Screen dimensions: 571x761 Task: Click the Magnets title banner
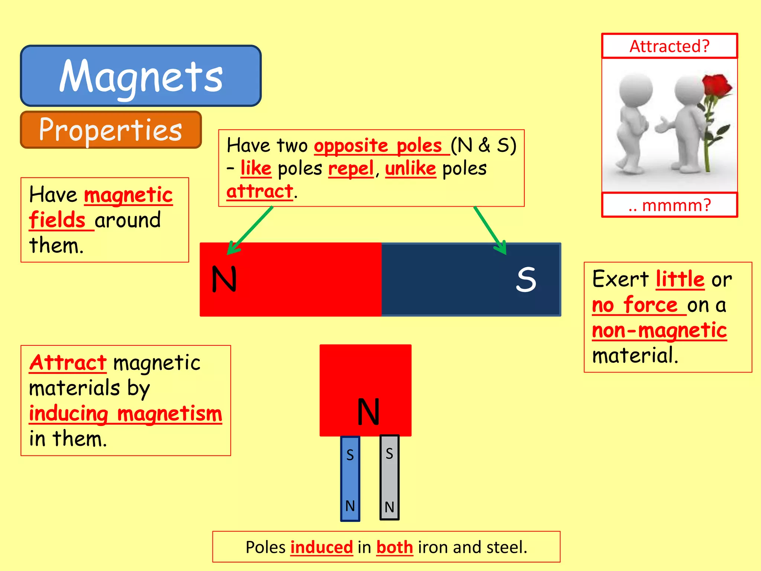[x=141, y=76]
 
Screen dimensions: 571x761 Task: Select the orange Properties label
[x=111, y=130]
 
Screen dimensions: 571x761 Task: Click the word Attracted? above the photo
[x=669, y=46]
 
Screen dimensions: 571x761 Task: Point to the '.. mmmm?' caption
[x=669, y=205]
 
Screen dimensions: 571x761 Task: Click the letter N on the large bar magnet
[x=224, y=279]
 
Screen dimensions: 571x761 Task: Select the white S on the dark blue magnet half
[x=526, y=279]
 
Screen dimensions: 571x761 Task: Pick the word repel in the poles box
[x=351, y=169]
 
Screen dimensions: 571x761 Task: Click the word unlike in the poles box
[x=410, y=169]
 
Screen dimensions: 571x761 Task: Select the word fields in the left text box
[x=58, y=220]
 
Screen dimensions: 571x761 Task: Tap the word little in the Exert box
[x=680, y=279]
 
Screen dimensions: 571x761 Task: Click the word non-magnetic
[x=659, y=330]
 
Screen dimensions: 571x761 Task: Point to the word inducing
[x=69, y=414]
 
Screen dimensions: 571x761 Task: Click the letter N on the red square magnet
[x=368, y=412]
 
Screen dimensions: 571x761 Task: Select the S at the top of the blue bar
[x=350, y=455]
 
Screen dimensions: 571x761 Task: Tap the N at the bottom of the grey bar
[x=389, y=507]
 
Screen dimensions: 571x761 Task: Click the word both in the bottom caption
[x=395, y=547]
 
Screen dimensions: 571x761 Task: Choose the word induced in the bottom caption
[x=321, y=547]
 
